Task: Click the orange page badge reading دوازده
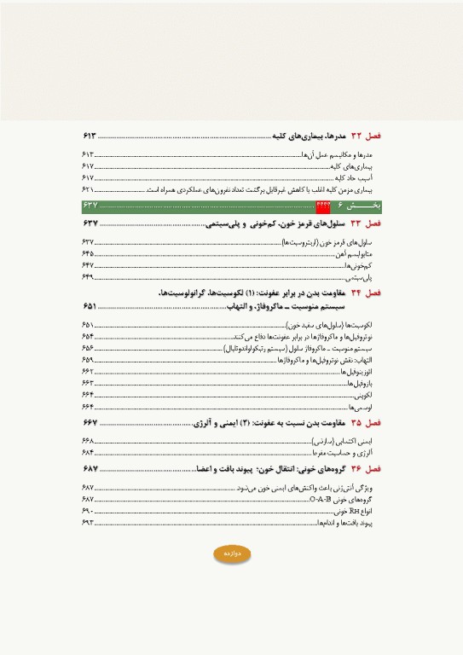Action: pyautogui.click(x=232, y=554)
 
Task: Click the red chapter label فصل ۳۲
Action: pyautogui.click(x=368, y=136)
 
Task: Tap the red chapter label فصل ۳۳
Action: pyautogui.click(x=368, y=223)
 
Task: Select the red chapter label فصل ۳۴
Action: pyautogui.click(x=368, y=293)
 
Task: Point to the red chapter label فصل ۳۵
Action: pyautogui.click(x=368, y=423)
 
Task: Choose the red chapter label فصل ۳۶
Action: pyautogui.click(x=368, y=469)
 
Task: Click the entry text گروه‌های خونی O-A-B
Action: pyautogui.click(x=344, y=497)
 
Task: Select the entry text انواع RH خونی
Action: pyautogui.click(x=355, y=509)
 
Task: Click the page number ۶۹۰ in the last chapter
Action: pyautogui.click(x=89, y=509)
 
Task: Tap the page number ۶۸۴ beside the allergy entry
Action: pyautogui.click(x=89, y=452)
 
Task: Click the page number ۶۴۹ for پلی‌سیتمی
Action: pyautogui.click(x=89, y=277)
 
